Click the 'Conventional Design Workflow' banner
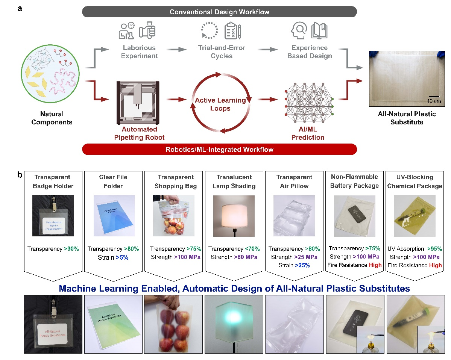pyautogui.click(x=219, y=12)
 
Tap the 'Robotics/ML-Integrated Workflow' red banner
pyautogui.click(x=219, y=149)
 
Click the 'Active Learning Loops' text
pyautogui.click(x=220, y=104)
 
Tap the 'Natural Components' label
pyautogui.click(x=52, y=118)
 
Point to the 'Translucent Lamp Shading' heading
pyautogui.click(x=234, y=182)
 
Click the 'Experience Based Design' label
pyautogui.click(x=310, y=52)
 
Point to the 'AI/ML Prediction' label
pyautogui.click(x=308, y=133)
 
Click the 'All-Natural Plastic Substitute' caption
pyautogui.click(x=407, y=118)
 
